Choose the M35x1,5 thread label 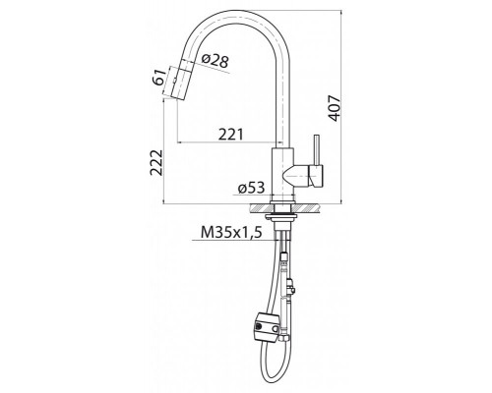[x=230, y=233]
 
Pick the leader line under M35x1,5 [x=236, y=243]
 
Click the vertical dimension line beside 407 [x=351, y=108]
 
